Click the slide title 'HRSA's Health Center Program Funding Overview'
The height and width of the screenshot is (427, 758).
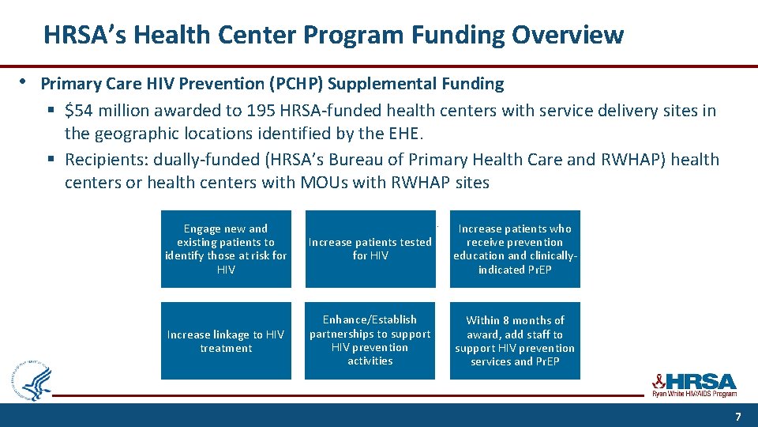(x=333, y=35)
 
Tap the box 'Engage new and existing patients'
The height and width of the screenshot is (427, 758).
(x=226, y=249)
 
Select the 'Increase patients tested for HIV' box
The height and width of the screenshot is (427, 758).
(x=370, y=249)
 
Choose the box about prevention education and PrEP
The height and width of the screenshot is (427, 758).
(x=515, y=249)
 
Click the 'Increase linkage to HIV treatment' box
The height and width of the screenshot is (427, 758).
(x=226, y=341)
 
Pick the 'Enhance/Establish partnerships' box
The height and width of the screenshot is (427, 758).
(x=370, y=341)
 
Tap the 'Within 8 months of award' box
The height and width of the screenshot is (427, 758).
(x=515, y=341)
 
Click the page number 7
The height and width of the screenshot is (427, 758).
(x=737, y=416)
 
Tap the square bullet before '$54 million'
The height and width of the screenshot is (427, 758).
(x=50, y=111)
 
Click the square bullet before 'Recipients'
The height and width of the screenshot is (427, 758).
(x=50, y=161)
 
